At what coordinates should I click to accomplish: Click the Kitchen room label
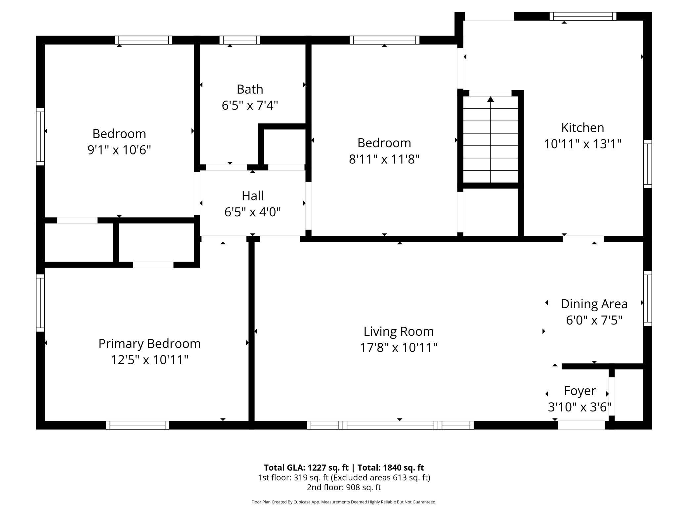click(582, 128)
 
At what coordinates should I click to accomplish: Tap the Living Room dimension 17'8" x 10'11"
click(399, 348)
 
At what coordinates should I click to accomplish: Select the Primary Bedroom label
click(150, 344)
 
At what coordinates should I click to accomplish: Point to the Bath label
click(250, 89)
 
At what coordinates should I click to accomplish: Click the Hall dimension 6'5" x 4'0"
click(252, 212)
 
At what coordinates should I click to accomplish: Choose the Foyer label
click(580, 391)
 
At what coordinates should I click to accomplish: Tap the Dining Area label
click(594, 304)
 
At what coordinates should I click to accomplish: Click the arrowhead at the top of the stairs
click(491, 99)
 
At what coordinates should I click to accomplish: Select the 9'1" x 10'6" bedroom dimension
click(119, 150)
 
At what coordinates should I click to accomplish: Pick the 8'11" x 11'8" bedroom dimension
click(384, 159)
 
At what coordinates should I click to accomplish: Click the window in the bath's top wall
click(240, 40)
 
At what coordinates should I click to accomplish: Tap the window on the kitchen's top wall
click(583, 16)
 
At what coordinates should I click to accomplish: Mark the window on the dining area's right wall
click(648, 298)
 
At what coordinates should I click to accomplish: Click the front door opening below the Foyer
click(581, 425)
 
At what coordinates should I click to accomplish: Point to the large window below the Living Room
click(390, 425)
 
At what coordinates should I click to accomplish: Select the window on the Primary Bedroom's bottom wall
click(138, 425)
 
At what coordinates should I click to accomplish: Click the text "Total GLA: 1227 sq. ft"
click(306, 468)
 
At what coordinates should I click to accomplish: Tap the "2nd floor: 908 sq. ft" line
click(344, 487)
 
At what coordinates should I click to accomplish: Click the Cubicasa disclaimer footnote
click(344, 502)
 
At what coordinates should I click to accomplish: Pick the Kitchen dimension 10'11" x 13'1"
click(583, 144)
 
